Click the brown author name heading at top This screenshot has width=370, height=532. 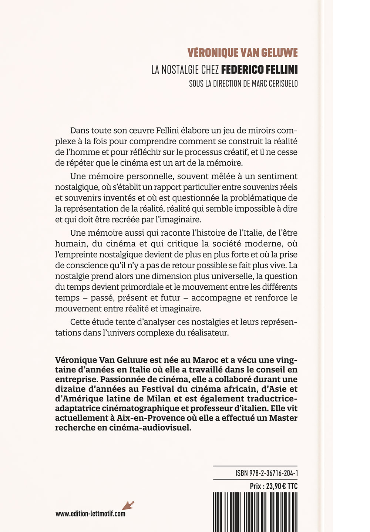tap(242, 53)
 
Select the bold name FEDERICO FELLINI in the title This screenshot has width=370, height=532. tap(259, 70)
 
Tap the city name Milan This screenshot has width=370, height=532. tap(160, 398)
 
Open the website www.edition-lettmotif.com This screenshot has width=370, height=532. tap(90, 514)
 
